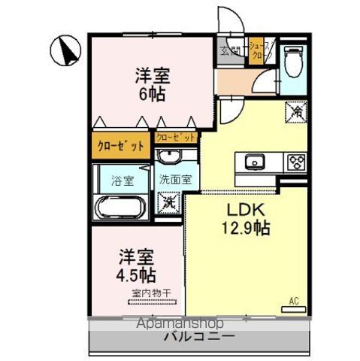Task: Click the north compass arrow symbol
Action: pos(65,52)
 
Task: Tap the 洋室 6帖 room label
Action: pos(153,85)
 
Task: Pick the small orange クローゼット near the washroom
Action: pos(177,138)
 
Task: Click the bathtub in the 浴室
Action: pos(120,206)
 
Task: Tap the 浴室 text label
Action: pos(121,180)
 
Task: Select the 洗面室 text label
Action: pos(175,180)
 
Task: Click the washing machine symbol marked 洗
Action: pos(170,202)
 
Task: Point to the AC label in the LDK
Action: pos(294,301)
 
